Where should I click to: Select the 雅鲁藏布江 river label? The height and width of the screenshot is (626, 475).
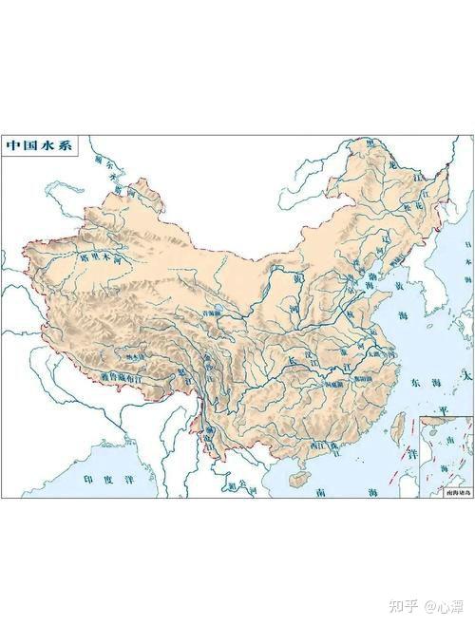point(122,377)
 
